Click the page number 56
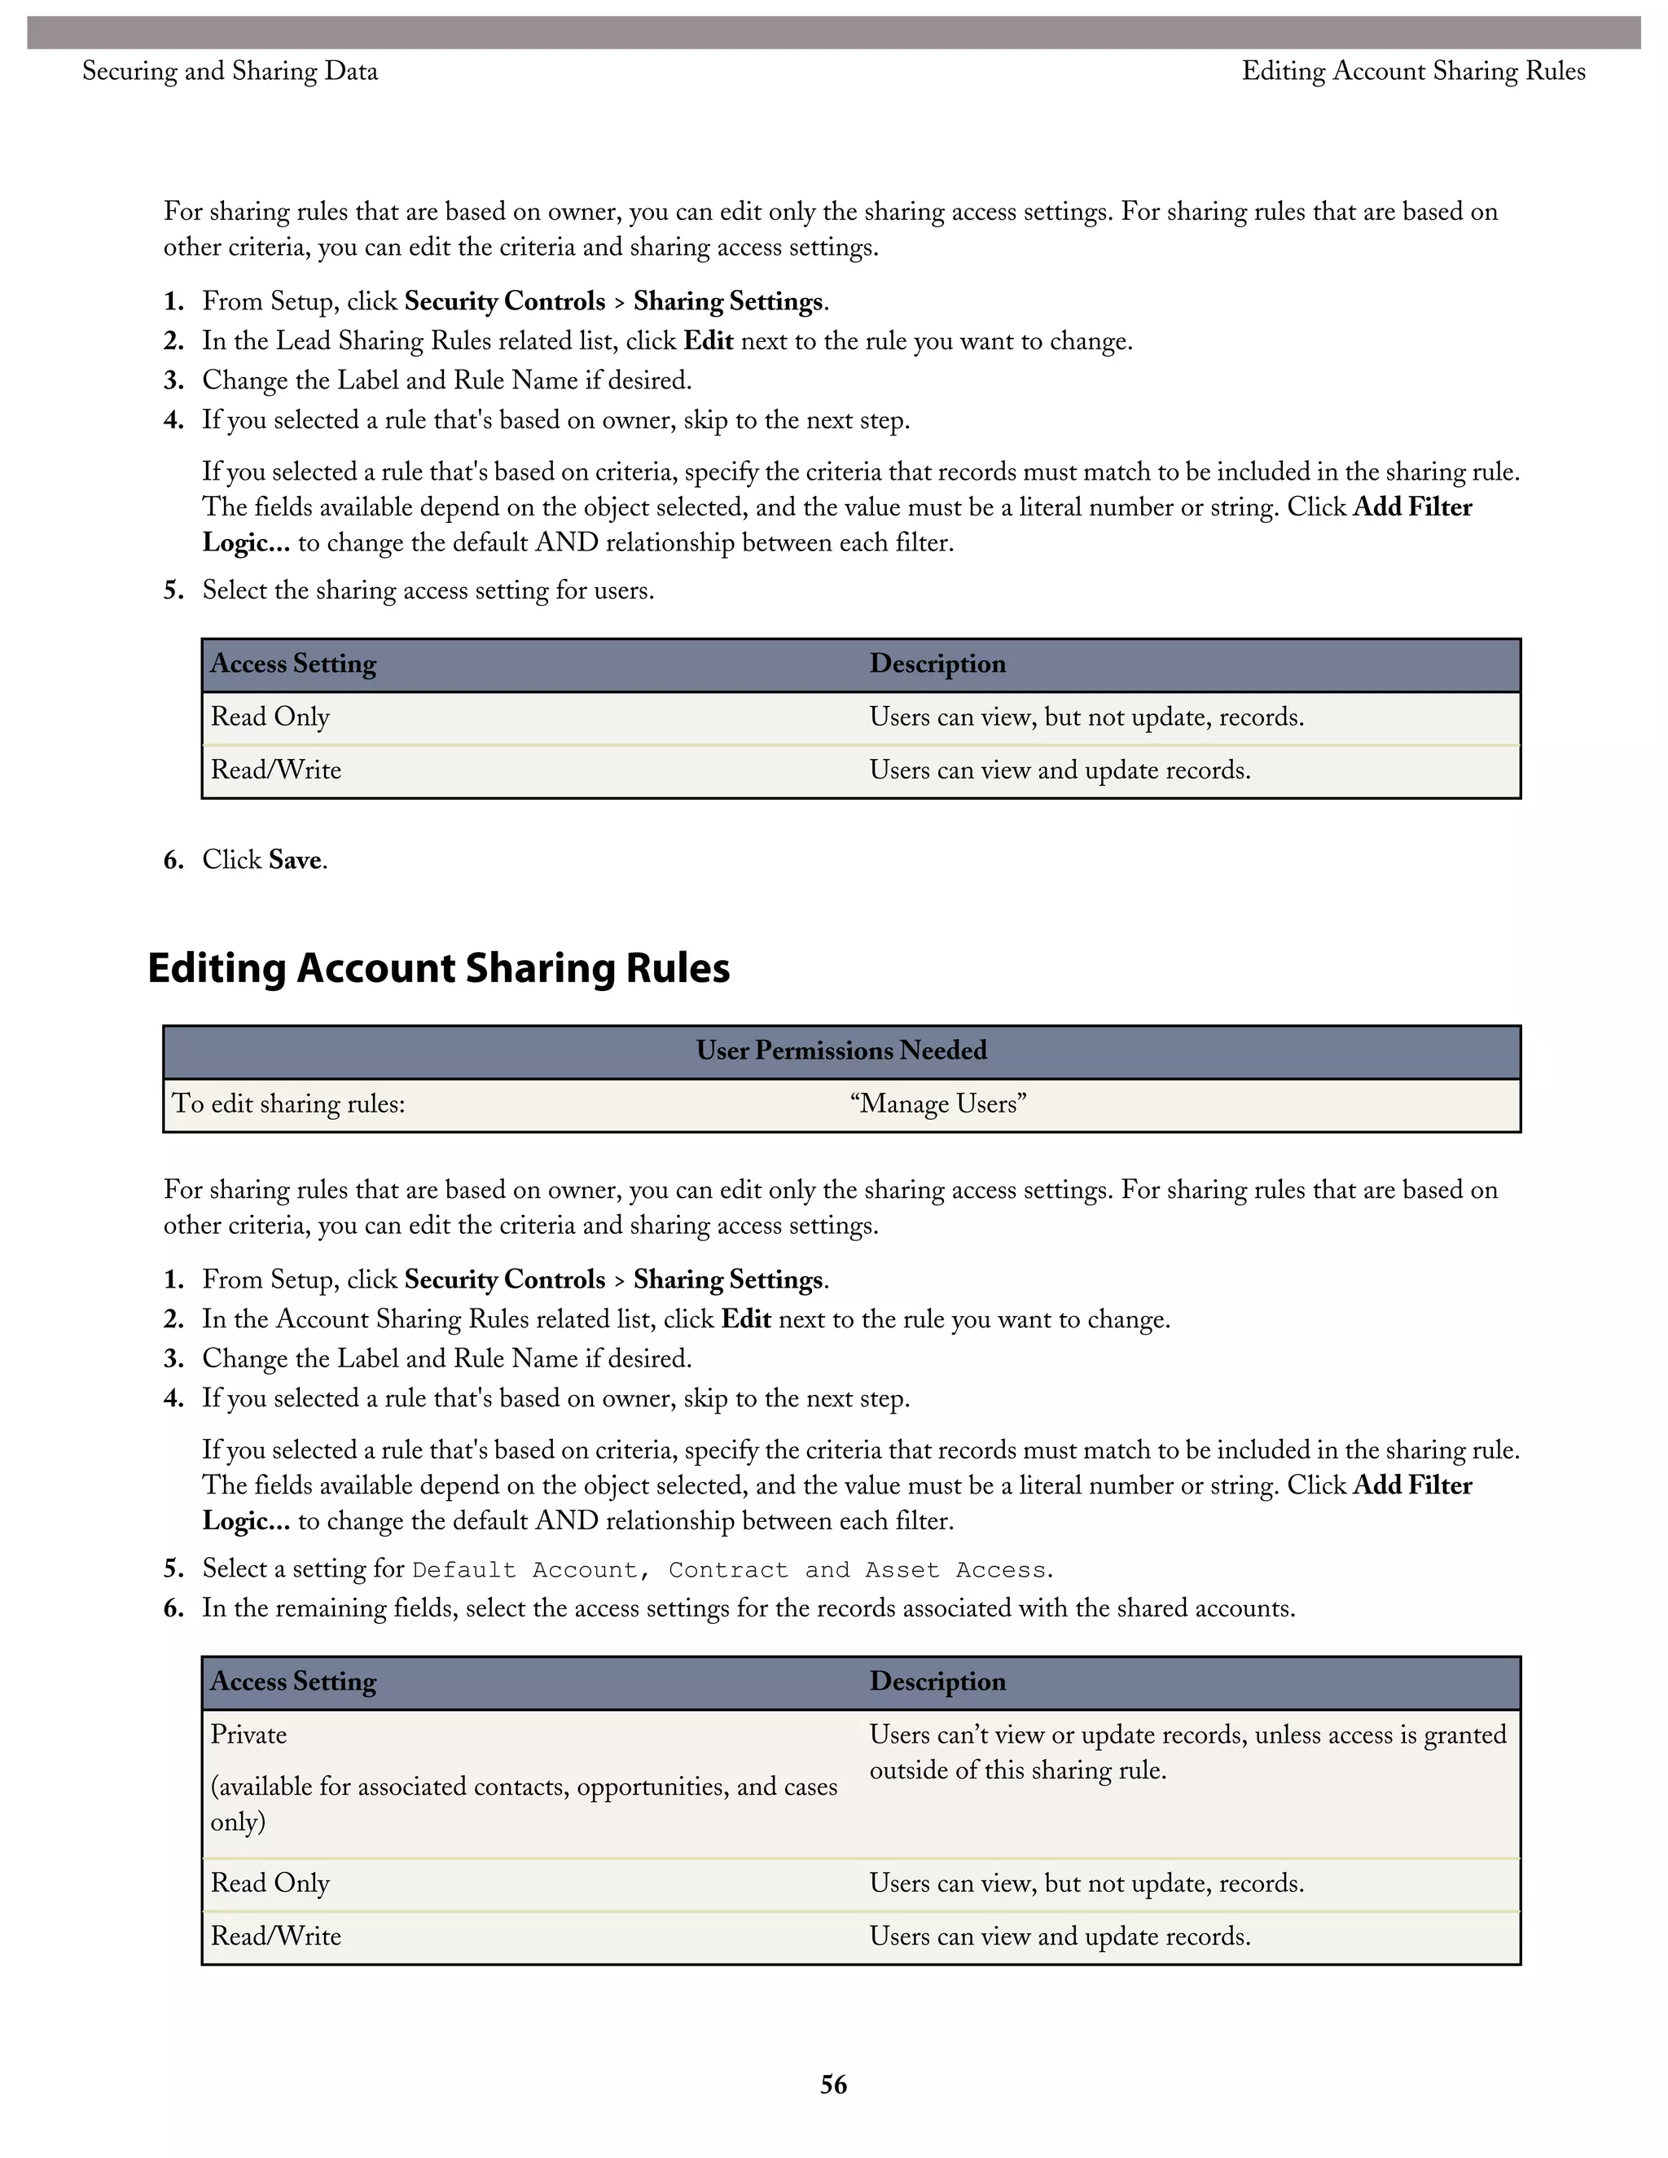click(x=833, y=2084)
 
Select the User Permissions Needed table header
click(x=841, y=1050)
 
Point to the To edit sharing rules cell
click(x=288, y=1103)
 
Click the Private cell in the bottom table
click(x=249, y=1735)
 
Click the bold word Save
click(x=295, y=860)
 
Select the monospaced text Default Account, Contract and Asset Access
click(x=732, y=1570)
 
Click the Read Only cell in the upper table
click(x=270, y=717)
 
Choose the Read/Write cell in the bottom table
click(x=276, y=1936)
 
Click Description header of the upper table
click(x=937, y=664)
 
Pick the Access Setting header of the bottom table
click(x=293, y=1682)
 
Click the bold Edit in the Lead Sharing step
click(x=708, y=341)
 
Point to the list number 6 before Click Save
click(x=173, y=860)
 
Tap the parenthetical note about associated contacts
click(x=523, y=1803)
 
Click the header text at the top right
click(x=1413, y=71)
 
